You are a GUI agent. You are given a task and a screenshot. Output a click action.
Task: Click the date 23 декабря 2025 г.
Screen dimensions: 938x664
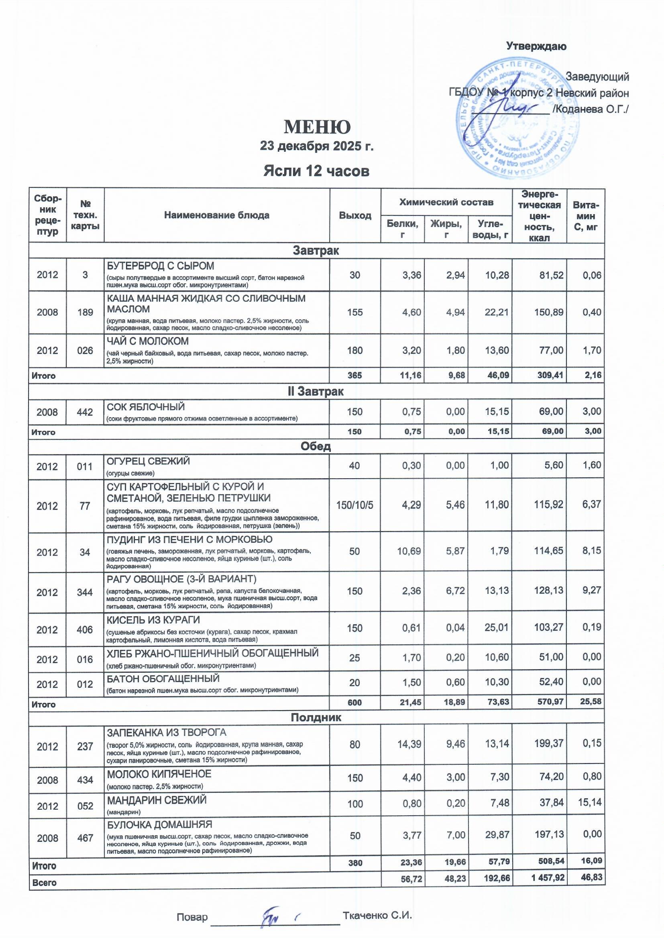point(317,146)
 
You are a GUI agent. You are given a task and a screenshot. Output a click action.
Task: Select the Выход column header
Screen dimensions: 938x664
point(355,215)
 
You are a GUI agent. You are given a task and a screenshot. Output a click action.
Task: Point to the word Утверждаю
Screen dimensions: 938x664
point(536,46)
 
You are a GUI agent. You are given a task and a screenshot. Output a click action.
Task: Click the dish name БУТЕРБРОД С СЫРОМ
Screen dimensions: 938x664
point(160,266)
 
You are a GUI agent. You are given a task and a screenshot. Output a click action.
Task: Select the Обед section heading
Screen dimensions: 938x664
point(316,447)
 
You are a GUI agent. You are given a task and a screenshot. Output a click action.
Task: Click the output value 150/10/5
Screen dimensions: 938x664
point(354,505)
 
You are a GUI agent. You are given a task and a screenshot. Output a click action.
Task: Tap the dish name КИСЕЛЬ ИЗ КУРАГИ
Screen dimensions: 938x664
point(153,620)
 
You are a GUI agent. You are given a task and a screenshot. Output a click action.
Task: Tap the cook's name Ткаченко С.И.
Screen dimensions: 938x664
point(377,916)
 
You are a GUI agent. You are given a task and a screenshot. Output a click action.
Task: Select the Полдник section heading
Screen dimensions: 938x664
point(316,717)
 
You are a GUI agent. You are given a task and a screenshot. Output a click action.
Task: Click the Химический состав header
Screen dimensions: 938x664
point(446,202)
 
